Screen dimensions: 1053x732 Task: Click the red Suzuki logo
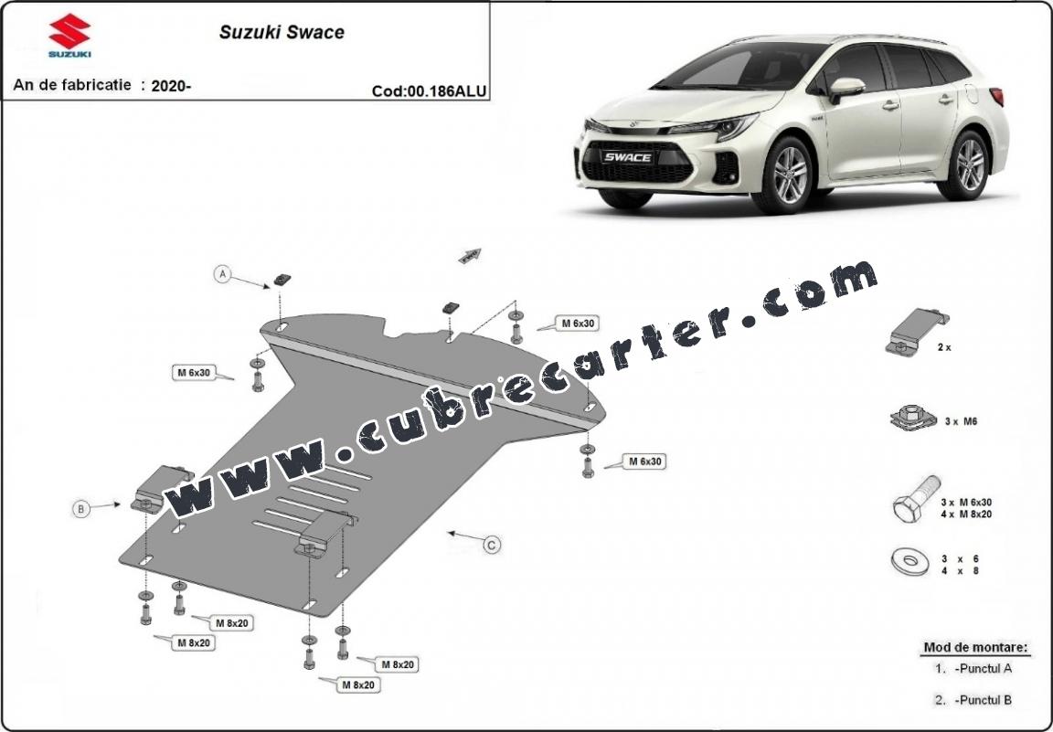point(69,31)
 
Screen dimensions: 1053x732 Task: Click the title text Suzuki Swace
point(282,32)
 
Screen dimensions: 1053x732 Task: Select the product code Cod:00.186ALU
point(429,91)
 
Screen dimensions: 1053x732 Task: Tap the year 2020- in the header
point(171,85)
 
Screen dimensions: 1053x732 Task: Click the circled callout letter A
point(222,274)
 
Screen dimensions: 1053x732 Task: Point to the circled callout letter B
point(80,509)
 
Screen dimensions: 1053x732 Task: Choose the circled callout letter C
point(493,545)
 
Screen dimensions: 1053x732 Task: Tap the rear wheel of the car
point(969,165)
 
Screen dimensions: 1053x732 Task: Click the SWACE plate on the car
point(628,158)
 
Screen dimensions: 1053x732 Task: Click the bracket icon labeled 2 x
point(916,333)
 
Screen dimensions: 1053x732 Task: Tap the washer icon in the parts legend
point(910,561)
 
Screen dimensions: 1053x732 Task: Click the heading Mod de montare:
point(976,648)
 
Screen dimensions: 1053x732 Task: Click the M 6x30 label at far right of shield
point(644,461)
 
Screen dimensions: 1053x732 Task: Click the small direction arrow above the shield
point(470,255)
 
